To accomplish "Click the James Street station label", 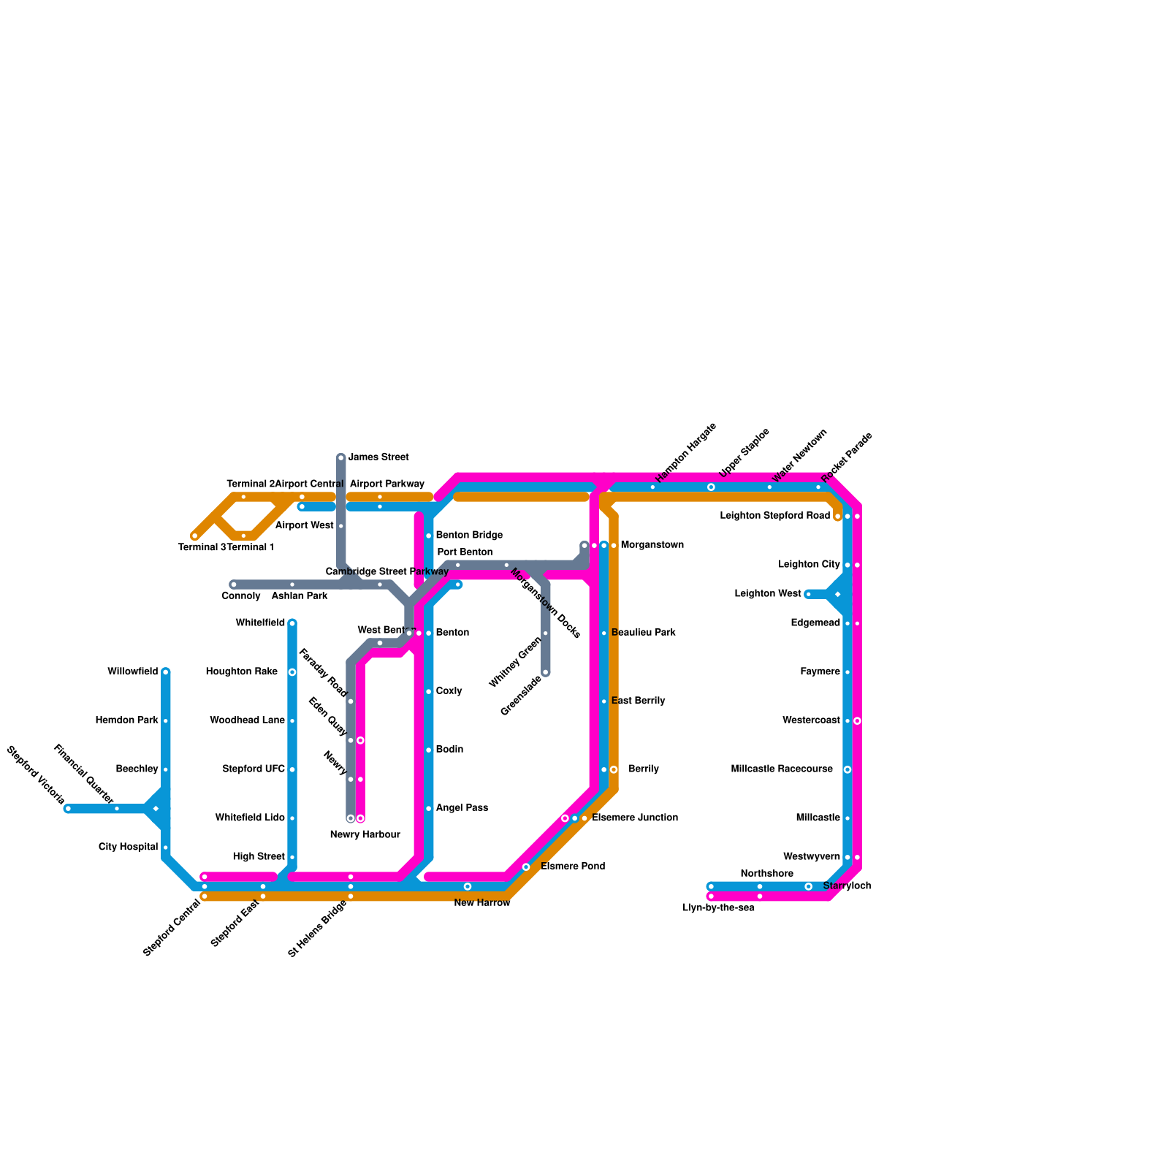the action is coord(378,457).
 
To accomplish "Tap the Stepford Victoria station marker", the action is coord(68,809).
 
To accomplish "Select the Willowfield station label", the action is coord(132,671).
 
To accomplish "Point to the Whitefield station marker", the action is coord(292,623).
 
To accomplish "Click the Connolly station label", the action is coord(241,596).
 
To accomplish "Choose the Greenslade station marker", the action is coord(546,672).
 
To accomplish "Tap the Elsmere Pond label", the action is coord(573,867).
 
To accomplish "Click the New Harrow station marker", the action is coord(468,887).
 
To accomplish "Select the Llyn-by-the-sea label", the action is coord(717,908).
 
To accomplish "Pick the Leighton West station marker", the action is coord(808,594).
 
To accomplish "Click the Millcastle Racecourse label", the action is coord(782,769).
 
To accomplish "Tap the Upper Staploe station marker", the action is coord(711,487).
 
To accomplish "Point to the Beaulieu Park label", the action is coord(644,633).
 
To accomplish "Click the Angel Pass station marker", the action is coord(429,809).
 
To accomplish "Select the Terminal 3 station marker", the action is coord(195,536).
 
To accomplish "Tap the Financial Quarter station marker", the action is coord(117,809).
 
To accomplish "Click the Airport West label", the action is coord(305,526).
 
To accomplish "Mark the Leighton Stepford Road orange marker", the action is coord(837,517).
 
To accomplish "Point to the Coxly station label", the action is coord(449,691).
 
